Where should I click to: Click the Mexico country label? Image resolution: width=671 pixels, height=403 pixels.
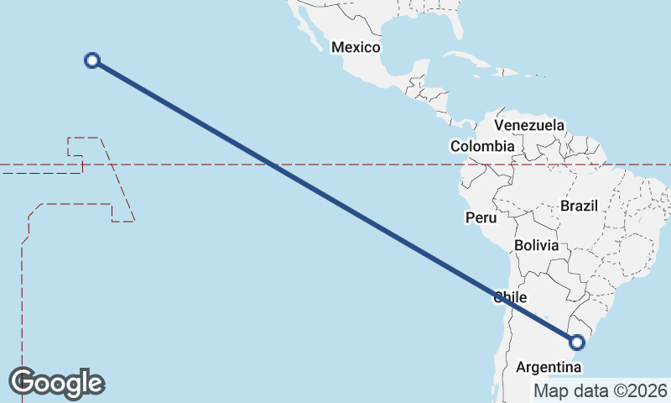coord(356,47)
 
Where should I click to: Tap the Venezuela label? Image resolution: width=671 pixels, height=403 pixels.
coord(529,125)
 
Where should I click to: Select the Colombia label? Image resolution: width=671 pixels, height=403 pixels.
coord(482,146)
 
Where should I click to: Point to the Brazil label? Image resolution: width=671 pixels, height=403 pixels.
coord(578,206)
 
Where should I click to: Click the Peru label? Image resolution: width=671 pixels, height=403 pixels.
coord(481,217)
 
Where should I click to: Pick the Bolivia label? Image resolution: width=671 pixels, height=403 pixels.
coord(536,245)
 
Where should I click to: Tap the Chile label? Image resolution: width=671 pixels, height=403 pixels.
coord(510,297)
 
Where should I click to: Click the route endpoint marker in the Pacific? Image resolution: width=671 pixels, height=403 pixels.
coord(93,60)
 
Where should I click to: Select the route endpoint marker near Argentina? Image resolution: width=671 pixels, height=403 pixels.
coord(576,342)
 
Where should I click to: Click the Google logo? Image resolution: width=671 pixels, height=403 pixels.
coord(56,383)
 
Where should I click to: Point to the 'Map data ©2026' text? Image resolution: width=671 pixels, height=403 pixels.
coord(601,390)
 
